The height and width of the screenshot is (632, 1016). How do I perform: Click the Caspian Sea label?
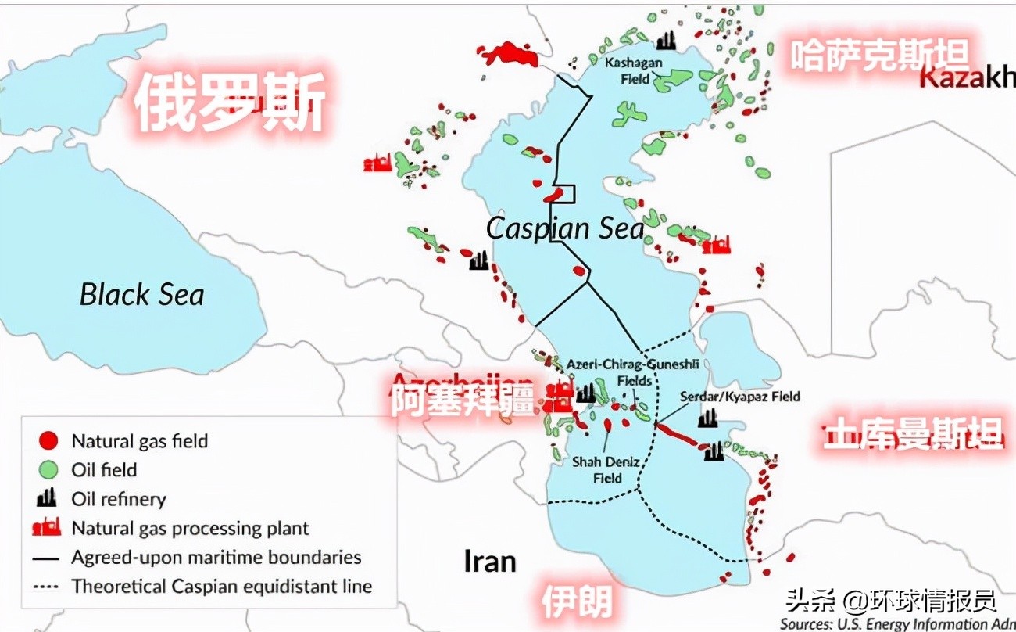point(565,228)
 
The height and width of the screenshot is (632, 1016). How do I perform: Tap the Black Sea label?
point(141,295)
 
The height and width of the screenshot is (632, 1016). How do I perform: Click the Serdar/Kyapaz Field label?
point(739,397)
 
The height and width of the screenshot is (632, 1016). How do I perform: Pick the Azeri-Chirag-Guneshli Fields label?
point(634,372)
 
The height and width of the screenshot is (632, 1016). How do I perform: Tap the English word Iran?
point(490,561)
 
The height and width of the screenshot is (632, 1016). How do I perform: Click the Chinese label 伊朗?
point(576,601)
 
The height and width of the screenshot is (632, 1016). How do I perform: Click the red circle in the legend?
point(48,441)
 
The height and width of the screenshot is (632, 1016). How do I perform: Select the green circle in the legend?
point(48,470)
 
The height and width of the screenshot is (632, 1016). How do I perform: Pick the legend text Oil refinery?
point(119,499)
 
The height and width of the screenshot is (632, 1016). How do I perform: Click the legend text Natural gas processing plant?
point(190,528)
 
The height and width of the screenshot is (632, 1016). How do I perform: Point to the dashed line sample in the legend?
point(48,587)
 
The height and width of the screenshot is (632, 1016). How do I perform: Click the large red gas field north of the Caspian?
point(509,54)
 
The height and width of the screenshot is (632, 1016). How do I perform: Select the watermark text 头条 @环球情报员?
point(892,601)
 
